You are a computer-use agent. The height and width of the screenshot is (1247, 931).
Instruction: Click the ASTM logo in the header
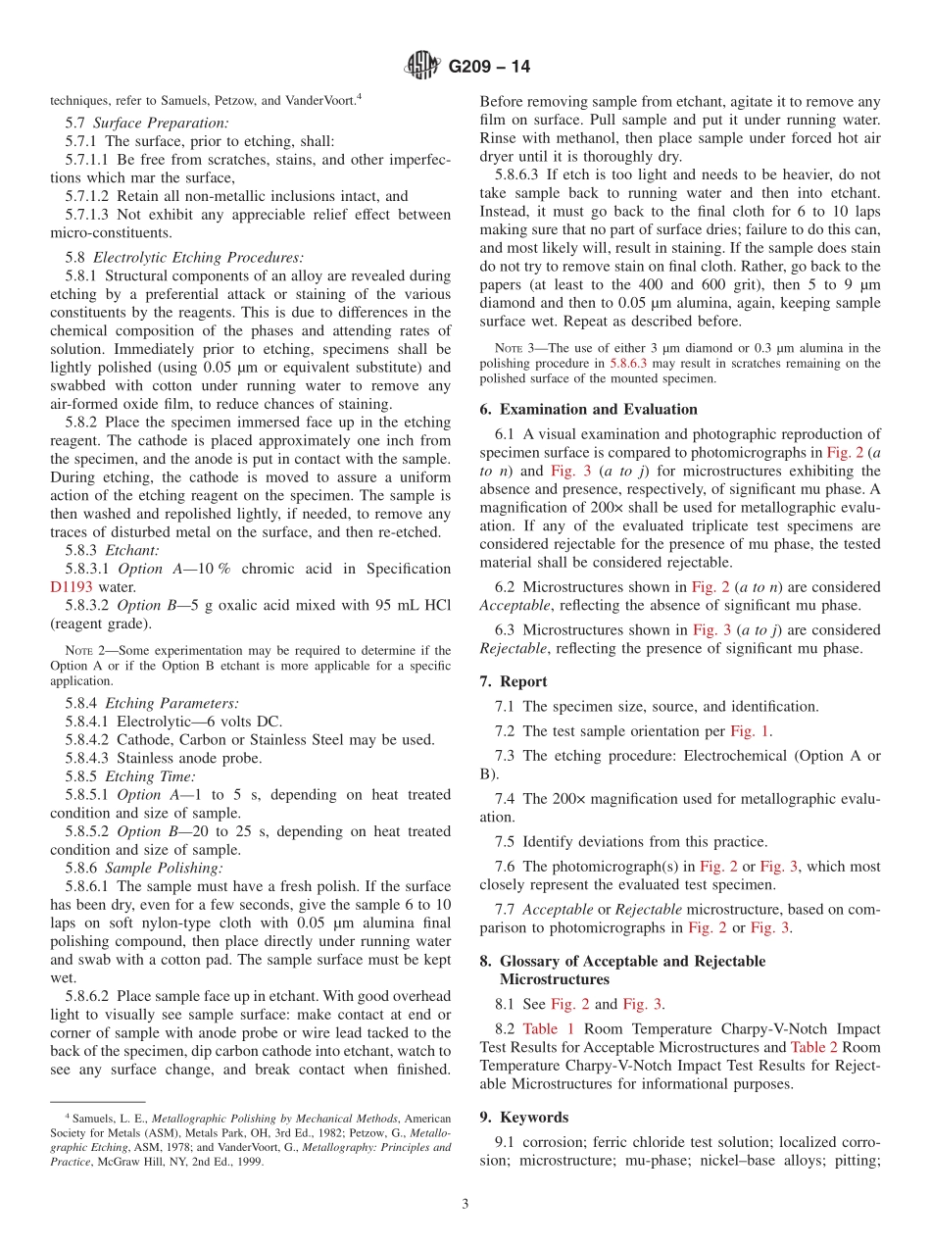tap(422, 67)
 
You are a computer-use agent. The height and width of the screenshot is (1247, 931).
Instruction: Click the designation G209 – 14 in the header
tap(489, 67)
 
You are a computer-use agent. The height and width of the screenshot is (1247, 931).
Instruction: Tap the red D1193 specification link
tap(72, 587)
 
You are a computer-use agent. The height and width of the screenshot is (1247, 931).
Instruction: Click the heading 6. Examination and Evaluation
tap(588, 410)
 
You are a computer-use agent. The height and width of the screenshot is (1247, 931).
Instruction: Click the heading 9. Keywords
tap(523, 1117)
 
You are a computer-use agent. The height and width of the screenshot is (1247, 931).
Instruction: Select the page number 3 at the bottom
tap(465, 1204)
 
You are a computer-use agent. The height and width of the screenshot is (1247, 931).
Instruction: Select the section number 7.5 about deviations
tap(509, 842)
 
